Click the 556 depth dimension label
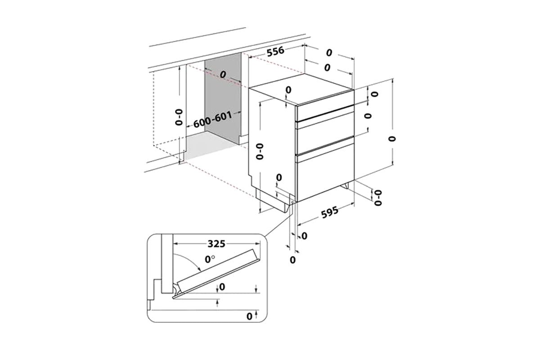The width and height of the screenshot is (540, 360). (275, 51)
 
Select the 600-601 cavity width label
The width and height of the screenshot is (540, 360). (213, 120)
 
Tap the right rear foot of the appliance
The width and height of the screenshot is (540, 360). (347, 185)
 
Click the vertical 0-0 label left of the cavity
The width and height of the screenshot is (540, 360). (179, 116)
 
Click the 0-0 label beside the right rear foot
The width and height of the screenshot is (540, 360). (378, 197)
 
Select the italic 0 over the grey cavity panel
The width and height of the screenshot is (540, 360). (222, 74)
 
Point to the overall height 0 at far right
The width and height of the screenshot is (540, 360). (393, 138)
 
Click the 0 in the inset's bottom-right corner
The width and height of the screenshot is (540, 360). (249, 316)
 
